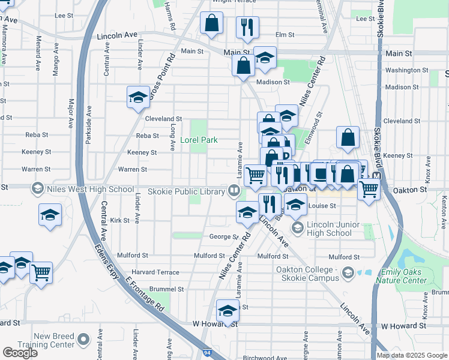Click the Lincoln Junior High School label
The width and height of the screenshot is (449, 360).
328,229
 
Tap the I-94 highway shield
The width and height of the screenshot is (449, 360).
206,354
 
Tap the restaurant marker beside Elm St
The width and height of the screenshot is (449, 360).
247,27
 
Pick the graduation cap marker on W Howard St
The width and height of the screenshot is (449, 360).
228,311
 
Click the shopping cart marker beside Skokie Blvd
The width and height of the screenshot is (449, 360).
369,189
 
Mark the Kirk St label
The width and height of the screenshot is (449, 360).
119,221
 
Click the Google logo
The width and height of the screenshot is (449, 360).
20,353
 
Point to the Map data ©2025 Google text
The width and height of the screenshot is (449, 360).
412,355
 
